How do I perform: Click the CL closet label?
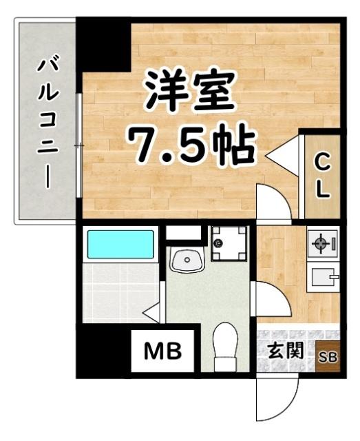point(321,175)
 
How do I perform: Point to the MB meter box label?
point(162,352)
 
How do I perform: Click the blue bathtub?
point(120,245)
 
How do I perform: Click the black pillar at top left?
point(103,45)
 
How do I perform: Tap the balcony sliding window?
point(80,145)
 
